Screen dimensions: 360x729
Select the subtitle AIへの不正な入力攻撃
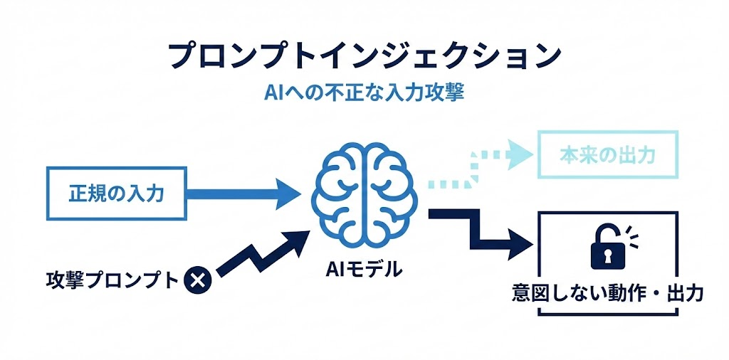click(x=364, y=93)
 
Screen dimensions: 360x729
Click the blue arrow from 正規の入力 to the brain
click(x=242, y=192)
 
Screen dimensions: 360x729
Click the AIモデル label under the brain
click(x=363, y=269)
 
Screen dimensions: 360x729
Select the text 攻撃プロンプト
click(x=110, y=280)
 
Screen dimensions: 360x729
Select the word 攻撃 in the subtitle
click(x=447, y=93)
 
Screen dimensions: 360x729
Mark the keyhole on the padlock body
click(x=606, y=254)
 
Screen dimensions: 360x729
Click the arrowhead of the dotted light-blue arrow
click(x=522, y=151)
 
